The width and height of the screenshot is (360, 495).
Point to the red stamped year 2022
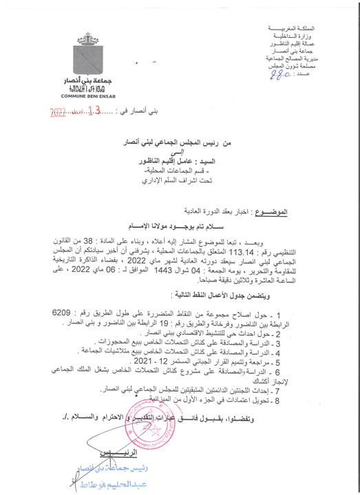tap(63, 110)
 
